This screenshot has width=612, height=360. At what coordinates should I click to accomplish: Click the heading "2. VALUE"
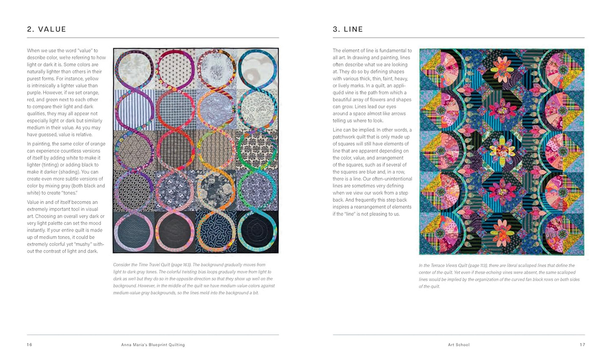(x=47, y=29)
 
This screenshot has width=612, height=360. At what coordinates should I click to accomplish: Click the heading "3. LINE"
(x=348, y=29)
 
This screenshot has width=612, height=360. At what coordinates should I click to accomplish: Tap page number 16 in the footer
(x=30, y=345)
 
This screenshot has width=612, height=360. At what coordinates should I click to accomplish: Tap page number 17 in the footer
(x=582, y=345)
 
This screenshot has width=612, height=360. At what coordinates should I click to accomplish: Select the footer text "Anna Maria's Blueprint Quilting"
(x=153, y=345)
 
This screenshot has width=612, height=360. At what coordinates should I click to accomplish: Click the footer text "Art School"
(x=459, y=345)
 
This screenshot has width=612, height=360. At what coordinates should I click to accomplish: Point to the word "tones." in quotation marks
(x=69, y=193)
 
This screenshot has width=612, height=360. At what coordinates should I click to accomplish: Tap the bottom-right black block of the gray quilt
(x=257, y=232)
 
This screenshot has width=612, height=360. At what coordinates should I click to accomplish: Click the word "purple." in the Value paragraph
(x=36, y=86)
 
